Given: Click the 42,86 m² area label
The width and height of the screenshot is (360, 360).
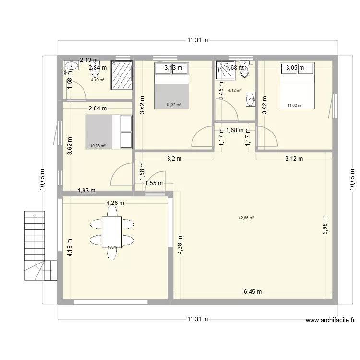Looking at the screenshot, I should [x=246, y=218].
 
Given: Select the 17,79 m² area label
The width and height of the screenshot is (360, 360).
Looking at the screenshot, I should [x=115, y=248].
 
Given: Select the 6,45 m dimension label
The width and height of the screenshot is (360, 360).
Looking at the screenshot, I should [x=252, y=291].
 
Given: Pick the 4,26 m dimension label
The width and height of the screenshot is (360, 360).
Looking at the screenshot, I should [x=115, y=203].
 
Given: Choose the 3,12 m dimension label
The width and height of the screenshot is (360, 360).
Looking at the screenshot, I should [x=293, y=159].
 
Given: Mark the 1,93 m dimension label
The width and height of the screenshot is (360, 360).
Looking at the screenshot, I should [x=86, y=191].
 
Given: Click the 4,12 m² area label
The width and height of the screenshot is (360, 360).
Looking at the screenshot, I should [x=234, y=90].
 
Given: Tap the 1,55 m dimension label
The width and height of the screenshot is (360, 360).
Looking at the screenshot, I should [x=154, y=183].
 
